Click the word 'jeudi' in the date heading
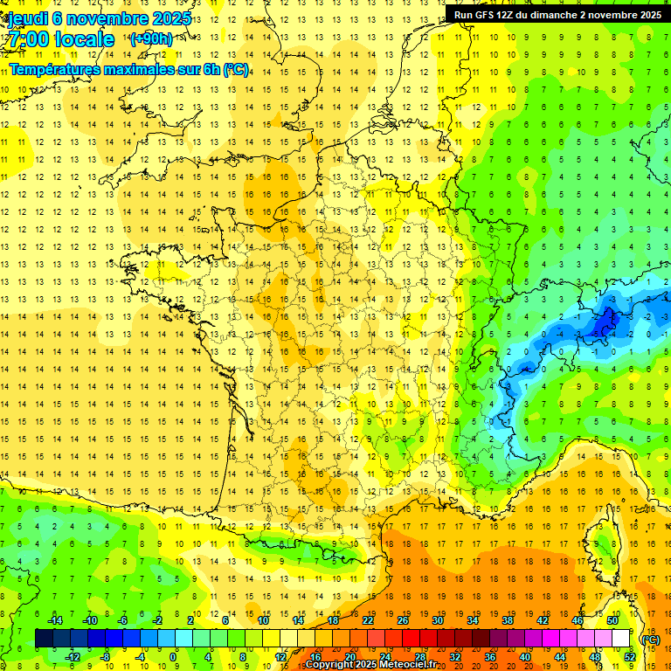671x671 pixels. [27, 18]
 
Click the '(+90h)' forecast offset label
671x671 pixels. [150, 39]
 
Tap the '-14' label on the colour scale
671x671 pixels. [55, 620]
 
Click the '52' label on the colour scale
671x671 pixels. [629, 657]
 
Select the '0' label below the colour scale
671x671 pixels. [173, 657]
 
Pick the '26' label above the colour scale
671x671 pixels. [403, 620]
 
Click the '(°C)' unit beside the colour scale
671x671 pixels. [650, 640]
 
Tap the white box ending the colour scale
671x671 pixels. [620, 639]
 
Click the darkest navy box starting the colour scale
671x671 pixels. [44, 639]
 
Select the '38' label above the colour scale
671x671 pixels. [507, 620]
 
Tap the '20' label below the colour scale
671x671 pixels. [349, 657]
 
